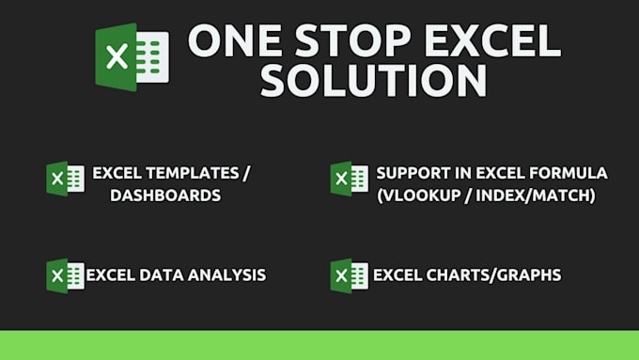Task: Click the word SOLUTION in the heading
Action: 374,81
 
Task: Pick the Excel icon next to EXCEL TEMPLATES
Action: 65,179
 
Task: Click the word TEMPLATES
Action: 194,174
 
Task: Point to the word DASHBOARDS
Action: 164,196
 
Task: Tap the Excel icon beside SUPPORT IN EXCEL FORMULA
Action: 349,179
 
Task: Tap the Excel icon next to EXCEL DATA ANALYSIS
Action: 65,275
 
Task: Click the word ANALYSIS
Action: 226,275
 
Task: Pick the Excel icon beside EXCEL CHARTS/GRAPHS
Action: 349,275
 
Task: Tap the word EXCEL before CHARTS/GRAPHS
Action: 397,275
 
